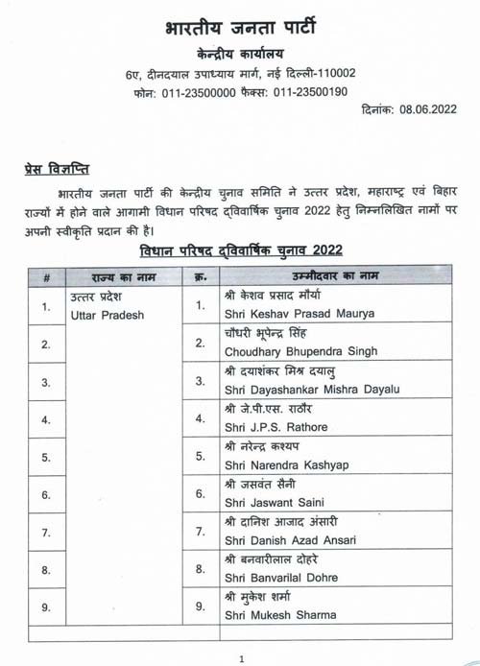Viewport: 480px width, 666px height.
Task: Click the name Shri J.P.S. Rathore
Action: tap(262, 427)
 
